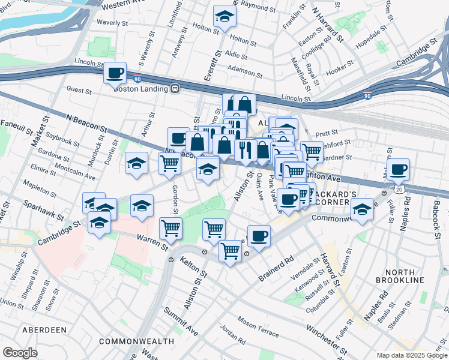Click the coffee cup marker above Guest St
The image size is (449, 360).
pyautogui.click(x=115, y=73)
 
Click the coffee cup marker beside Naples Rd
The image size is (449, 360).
pyautogui.click(x=398, y=170)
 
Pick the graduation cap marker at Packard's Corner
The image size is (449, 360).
pyautogui.click(x=362, y=209)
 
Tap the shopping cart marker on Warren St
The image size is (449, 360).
pyautogui.click(x=171, y=229)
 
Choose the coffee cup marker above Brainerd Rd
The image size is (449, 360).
pyautogui.click(x=259, y=236)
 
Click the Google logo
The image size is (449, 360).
pyautogui.click(x=20, y=353)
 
